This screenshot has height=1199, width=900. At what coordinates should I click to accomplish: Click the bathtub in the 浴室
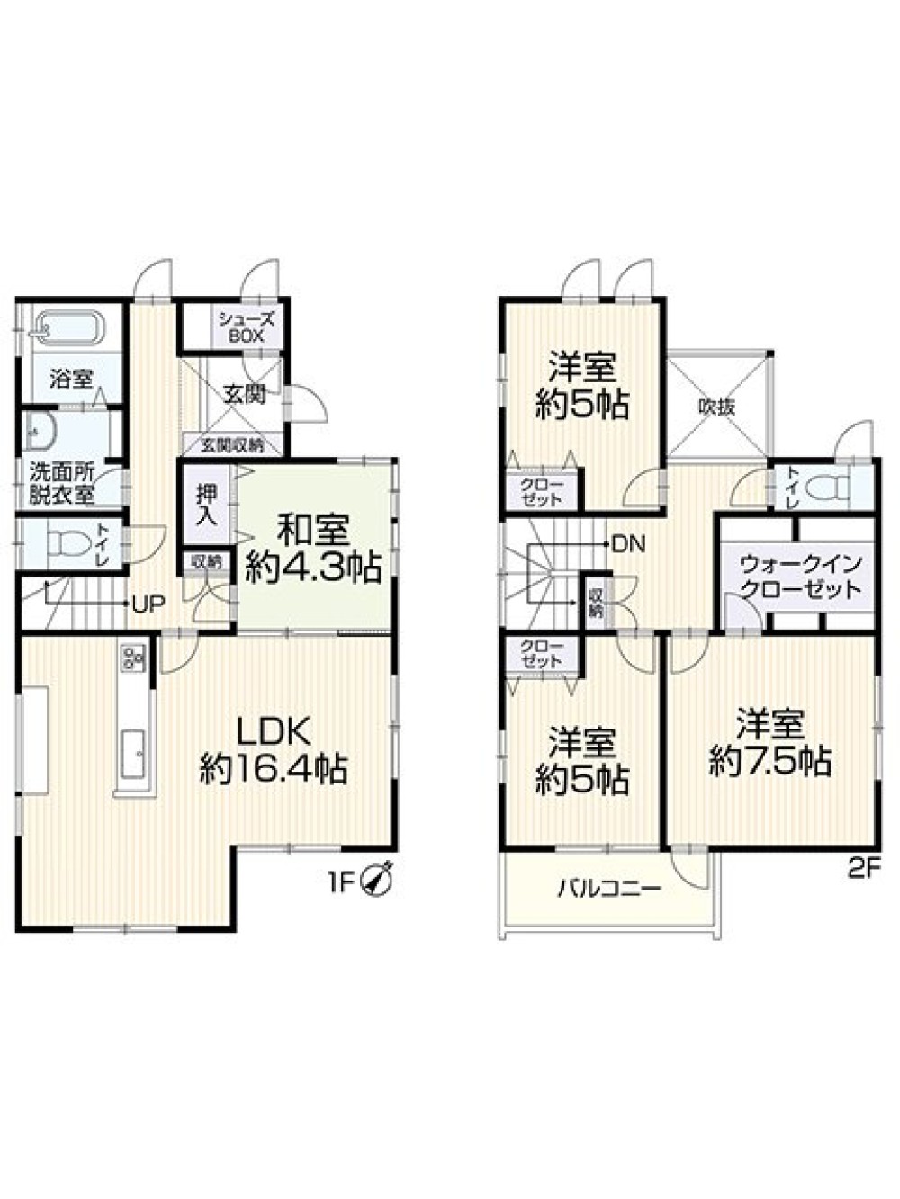point(69,328)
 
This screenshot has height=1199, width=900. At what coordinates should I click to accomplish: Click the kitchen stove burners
point(133,658)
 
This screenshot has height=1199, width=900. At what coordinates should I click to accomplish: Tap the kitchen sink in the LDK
point(133,755)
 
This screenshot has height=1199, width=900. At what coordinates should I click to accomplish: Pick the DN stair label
point(629,543)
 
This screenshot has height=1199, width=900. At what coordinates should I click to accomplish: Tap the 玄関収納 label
point(233,445)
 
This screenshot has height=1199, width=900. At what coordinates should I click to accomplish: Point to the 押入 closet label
point(206,505)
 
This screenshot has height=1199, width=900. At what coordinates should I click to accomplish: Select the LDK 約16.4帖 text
point(274,752)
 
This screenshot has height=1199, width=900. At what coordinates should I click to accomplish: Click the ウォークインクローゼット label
point(802,576)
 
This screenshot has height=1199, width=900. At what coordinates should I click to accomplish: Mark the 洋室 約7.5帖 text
point(770,741)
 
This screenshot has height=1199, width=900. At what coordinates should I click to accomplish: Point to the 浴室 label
point(71,379)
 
